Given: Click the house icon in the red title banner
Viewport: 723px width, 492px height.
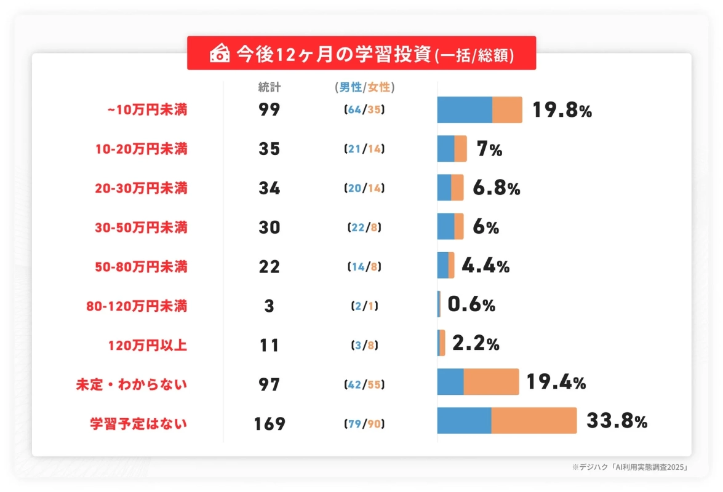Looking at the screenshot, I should tap(219, 54).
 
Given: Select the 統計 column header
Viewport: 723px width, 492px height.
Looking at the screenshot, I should tap(269, 87).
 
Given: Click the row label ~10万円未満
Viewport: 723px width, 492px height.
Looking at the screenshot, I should tap(147, 110).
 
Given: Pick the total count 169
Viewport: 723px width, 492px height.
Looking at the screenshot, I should tap(269, 424).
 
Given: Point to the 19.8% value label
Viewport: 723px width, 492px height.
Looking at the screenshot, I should tap(562, 110).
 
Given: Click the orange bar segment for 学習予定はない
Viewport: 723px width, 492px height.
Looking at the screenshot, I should tap(533, 420).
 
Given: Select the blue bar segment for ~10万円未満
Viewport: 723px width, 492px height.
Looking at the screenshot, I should tap(465, 110).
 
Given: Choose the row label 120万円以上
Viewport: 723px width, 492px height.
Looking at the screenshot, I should tap(147, 345).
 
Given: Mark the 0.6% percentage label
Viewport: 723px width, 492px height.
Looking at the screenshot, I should tap(471, 305).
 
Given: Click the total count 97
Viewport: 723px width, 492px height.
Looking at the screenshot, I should tap(269, 384).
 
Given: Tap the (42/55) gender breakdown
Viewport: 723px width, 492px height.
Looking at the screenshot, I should tap(364, 384).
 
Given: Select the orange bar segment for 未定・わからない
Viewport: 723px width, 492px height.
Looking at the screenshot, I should tap(491, 381).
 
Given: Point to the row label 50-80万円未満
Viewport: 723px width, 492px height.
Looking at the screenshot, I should tap(141, 267).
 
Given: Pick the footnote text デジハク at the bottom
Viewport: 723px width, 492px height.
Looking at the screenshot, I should tap(594, 467).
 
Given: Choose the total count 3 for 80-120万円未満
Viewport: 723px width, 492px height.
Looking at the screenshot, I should tap(269, 306).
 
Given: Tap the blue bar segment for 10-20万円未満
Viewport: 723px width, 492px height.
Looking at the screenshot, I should tap(445, 149).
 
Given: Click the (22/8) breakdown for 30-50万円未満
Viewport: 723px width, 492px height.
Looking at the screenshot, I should tap(364, 228).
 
